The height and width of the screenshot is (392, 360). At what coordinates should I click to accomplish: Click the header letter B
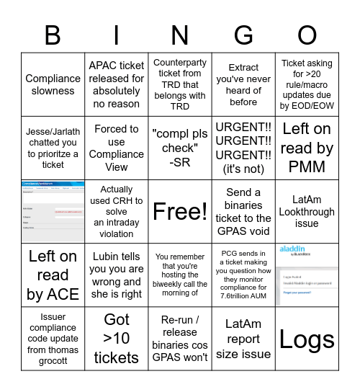(53, 35)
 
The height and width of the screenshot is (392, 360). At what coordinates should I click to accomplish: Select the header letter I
(117, 35)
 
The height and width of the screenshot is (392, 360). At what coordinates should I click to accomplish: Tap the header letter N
(180, 35)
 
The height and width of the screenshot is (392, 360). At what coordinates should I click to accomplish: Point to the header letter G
(243, 35)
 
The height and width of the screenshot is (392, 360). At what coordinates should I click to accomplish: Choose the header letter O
(307, 35)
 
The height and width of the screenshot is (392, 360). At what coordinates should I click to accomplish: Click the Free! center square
(180, 212)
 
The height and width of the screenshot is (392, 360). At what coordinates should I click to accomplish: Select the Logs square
(307, 339)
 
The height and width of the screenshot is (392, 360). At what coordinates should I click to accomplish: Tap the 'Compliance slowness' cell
(53, 85)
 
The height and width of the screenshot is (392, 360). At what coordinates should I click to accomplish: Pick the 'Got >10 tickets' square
(117, 339)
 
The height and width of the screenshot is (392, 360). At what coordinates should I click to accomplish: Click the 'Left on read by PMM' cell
(307, 148)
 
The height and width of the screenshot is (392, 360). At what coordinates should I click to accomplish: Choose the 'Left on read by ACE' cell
(53, 275)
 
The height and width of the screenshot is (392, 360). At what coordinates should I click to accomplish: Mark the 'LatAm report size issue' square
(243, 339)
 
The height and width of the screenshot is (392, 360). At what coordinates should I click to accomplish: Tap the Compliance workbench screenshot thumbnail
(53, 212)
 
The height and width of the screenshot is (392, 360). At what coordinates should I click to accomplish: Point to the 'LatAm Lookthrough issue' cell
(307, 212)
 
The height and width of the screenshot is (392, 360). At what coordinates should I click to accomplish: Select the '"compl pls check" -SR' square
(180, 148)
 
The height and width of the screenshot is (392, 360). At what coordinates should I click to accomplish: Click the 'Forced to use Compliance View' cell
(117, 148)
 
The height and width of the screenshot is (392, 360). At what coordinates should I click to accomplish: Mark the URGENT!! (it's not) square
(243, 148)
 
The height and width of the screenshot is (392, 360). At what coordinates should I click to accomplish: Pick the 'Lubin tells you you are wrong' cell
(117, 275)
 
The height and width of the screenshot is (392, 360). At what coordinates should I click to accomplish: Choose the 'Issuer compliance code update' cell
(53, 339)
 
